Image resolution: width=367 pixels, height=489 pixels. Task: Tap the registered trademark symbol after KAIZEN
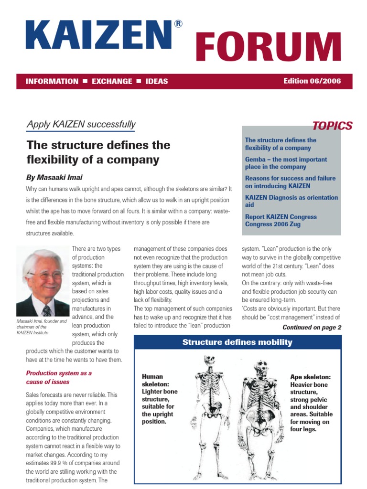[x=178, y=24]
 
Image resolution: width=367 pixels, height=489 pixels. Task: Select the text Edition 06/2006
[x=312, y=81]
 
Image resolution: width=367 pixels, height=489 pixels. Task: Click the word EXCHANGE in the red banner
[x=112, y=81]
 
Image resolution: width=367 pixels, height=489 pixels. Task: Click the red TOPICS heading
[x=332, y=126]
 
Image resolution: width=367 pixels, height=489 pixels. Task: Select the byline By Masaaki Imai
[x=54, y=178]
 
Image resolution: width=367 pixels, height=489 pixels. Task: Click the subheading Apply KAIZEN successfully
[x=81, y=125]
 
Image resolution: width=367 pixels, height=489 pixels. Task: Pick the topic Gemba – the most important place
[x=286, y=163]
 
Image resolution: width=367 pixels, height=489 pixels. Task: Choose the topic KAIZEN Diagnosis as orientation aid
[x=291, y=201]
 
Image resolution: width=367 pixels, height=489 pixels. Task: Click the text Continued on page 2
[x=312, y=328]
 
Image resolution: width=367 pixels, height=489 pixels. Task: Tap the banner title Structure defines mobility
[x=237, y=342]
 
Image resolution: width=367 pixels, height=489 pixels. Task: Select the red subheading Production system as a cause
[x=59, y=377]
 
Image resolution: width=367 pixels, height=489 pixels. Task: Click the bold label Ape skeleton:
[x=311, y=377]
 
